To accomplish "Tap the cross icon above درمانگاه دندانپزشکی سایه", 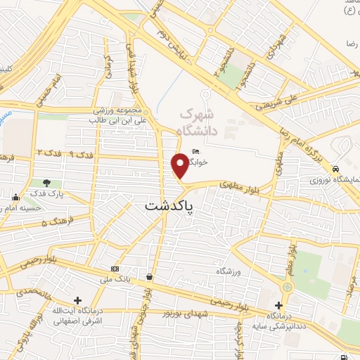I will (x=279, y=305).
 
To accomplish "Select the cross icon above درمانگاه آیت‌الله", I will (x=77, y=300).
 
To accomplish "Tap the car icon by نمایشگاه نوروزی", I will (x=337, y=169).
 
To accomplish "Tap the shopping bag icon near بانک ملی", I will (x=149, y=277).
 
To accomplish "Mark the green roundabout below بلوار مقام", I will (x=286, y=288).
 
